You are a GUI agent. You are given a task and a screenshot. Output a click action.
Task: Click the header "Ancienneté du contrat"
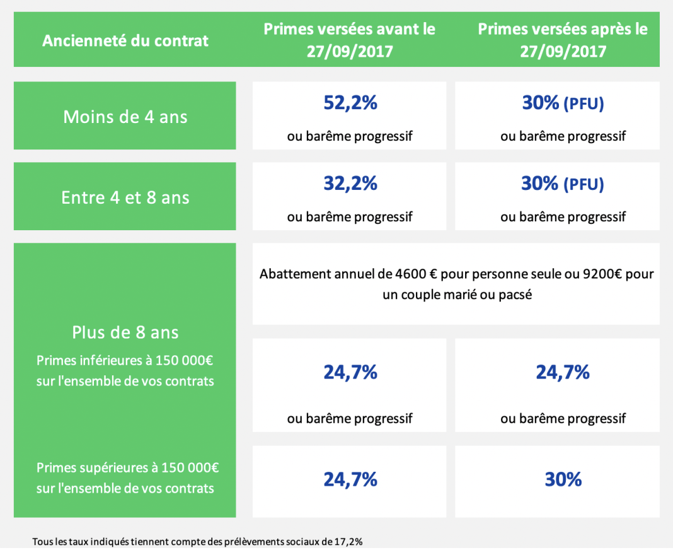pos(125,42)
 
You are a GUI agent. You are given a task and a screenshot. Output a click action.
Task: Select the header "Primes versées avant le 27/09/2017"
pos(349,40)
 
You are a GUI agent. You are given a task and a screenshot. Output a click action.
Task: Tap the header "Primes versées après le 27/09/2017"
pos(563,40)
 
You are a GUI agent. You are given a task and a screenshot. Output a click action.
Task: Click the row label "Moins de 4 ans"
pos(125,117)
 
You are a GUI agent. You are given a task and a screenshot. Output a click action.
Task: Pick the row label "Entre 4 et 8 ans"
pos(125,197)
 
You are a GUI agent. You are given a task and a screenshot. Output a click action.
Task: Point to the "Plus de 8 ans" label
pos(125,332)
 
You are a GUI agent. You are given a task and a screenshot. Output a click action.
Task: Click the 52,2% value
pos(350,102)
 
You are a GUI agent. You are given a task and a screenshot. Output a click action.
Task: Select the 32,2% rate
pos(350,184)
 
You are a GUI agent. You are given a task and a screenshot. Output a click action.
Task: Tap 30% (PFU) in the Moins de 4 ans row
pos(563,103)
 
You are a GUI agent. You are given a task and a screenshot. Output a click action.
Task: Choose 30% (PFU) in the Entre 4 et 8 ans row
pos(563,184)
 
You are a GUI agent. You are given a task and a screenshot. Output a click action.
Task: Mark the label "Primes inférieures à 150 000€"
pos(125,361)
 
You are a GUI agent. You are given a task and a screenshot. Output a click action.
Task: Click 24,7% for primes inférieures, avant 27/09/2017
pos(350,372)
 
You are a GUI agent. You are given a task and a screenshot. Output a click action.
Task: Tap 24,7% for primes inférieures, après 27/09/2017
pos(563,372)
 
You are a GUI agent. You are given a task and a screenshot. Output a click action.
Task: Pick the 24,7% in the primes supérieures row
pos(350,480)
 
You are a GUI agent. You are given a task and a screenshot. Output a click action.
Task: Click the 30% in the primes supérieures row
pos(563,480)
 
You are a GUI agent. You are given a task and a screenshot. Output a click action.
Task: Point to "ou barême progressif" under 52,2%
pos(350,136)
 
